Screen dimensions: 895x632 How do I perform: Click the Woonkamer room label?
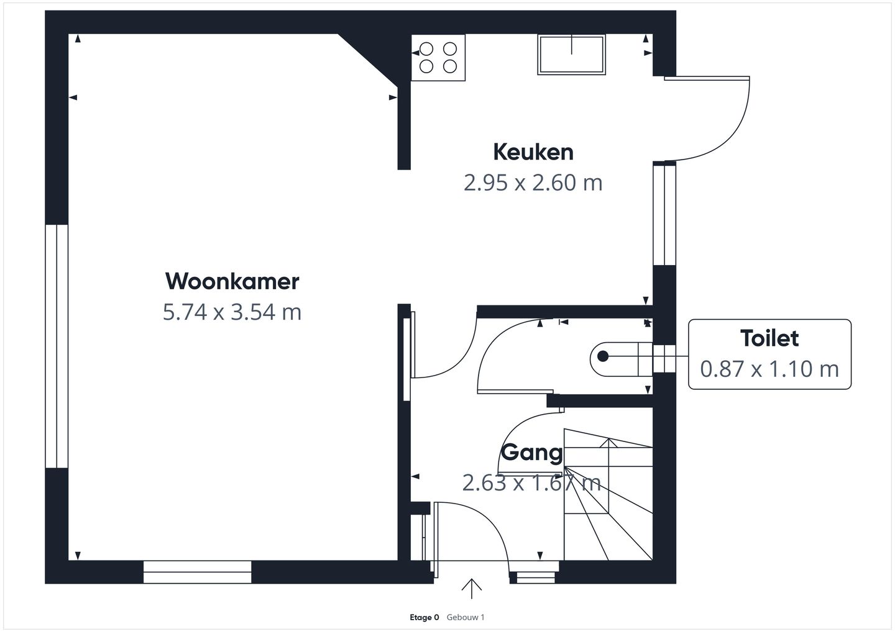(232, 281)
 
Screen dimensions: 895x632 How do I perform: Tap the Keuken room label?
(533, 152)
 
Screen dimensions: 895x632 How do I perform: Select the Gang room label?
(532, 453)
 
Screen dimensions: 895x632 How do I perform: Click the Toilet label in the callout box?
(769, 338)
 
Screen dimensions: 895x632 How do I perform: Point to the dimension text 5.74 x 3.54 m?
(232, 312)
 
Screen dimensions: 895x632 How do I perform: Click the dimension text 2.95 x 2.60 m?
(533, 183)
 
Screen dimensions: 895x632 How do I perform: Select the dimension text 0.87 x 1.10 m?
(769, 369)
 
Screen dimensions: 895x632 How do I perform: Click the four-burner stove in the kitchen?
(438, 58)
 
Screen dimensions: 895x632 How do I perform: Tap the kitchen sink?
(571, 54)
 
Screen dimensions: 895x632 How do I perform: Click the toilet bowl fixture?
(622, 359)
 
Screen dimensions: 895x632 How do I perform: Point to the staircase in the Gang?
(608, 494)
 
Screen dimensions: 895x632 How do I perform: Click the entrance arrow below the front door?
(472, 589)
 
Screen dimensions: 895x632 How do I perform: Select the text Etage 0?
(425, 617)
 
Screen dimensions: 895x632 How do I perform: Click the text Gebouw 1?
(466, 617)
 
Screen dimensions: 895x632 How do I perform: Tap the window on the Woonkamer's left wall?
(57, 346)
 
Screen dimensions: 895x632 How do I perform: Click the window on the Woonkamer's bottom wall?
(198, 572)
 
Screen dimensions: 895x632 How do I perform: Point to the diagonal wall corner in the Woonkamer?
(367, 60)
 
